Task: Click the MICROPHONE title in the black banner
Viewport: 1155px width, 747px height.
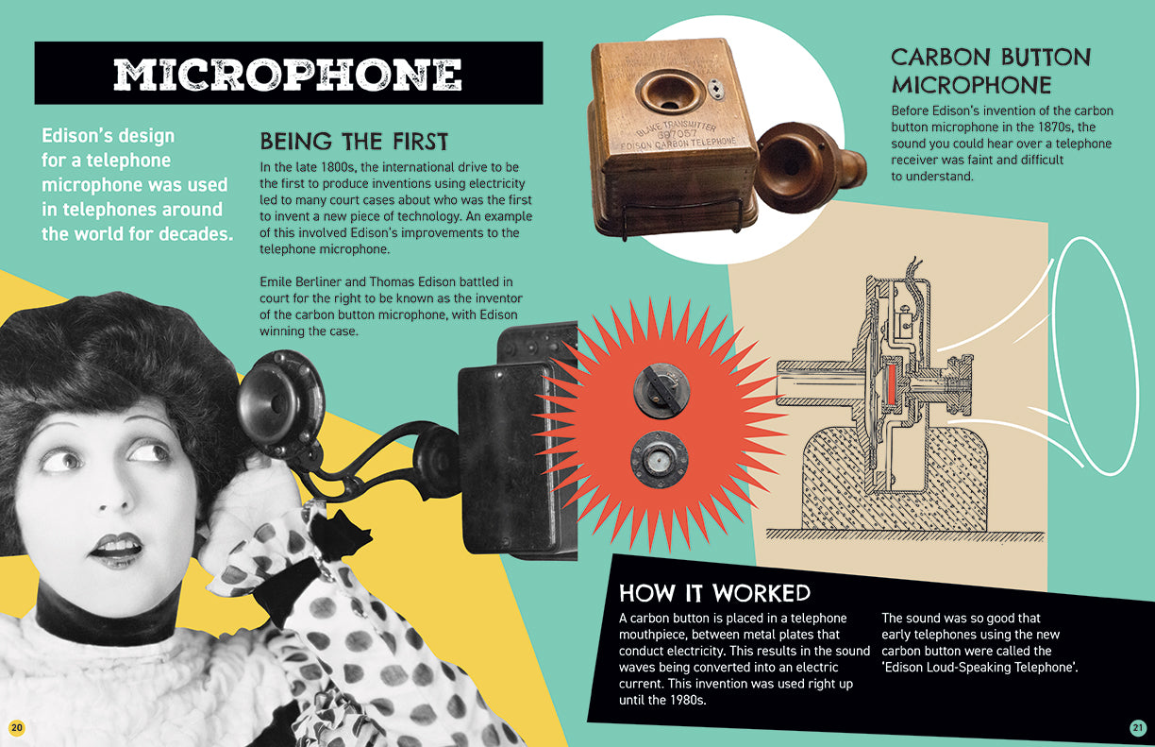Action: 288,75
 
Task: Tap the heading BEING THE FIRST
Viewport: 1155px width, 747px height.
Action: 354,142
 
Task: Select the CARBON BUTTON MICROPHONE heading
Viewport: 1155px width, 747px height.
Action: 991,71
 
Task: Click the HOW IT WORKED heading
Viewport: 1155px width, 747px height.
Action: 714,593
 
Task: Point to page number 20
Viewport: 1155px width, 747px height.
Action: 16,726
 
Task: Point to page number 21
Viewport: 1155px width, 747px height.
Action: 1137,727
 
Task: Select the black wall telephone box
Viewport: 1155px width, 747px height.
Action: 514,453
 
